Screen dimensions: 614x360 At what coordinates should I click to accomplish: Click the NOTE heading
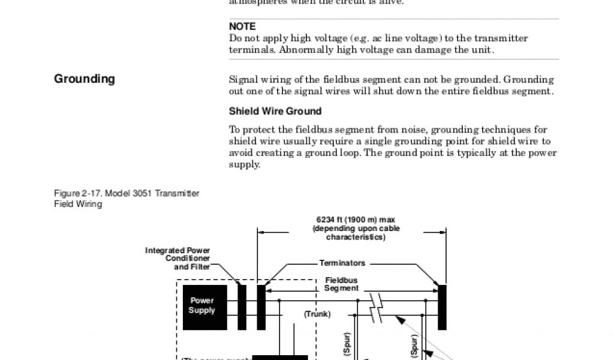(242, 26)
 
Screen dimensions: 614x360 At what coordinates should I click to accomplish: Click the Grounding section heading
(85, 79)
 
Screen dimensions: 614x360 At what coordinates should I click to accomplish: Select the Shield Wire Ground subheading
(275, 111)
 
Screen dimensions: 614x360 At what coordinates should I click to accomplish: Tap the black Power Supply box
(201, 307)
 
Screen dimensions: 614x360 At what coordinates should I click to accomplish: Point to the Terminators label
(342, 263)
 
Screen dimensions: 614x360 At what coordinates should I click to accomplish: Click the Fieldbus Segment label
(341, 284)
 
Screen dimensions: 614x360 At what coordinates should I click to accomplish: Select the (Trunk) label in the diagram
(317, 314)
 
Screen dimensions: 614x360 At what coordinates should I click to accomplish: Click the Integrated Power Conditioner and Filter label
(177, 258)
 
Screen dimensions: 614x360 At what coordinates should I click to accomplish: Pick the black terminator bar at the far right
(442, 307)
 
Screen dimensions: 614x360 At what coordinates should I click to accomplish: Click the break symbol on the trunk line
(376, 307)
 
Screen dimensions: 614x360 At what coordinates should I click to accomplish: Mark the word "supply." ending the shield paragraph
(245, 164)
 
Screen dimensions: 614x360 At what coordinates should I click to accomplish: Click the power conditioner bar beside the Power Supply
(242, 307)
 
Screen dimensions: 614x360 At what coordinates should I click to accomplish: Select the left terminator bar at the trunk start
(261, 307)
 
